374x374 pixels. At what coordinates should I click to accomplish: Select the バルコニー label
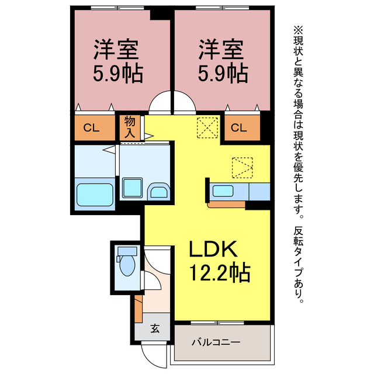[216, 343]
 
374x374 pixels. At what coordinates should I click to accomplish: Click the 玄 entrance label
[155, 328]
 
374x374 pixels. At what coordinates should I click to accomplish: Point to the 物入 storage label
[130, 127]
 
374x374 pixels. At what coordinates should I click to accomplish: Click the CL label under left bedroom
[91, 128]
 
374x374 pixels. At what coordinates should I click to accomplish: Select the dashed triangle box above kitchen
[243, 168]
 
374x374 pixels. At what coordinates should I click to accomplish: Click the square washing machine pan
[133, 188]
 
